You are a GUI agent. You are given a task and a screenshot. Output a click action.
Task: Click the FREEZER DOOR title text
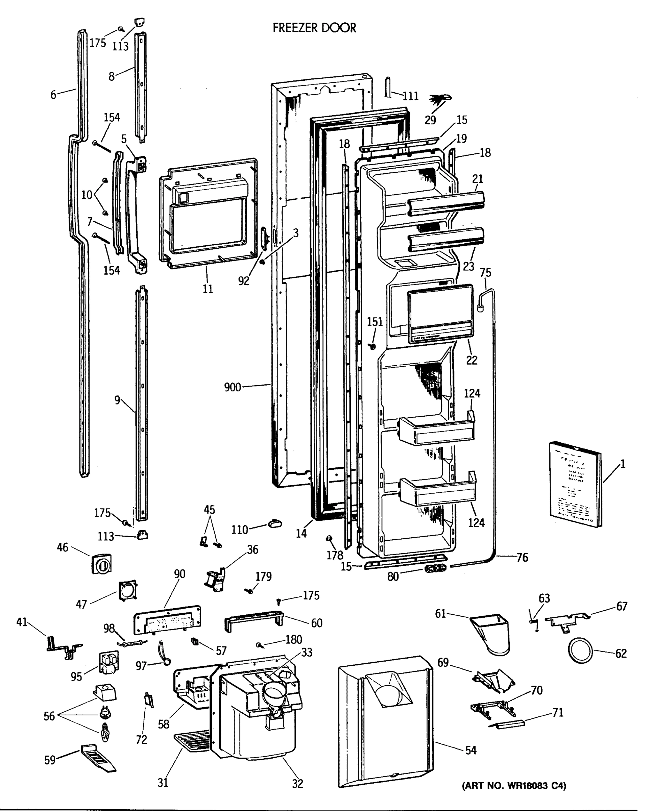pos(314,28)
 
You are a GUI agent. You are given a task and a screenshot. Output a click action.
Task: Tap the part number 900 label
pos(232,387)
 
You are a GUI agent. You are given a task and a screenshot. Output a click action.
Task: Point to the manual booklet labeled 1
pos(575,484)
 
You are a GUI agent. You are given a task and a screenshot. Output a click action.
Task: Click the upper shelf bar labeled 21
pos(445,203)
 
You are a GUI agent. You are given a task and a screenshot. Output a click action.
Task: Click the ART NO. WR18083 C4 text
pos(514,785)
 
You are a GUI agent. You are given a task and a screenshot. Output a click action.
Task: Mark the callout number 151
pos(375,322)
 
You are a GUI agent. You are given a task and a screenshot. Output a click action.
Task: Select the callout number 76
pos(522,557)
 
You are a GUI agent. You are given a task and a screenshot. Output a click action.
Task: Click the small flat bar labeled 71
pos(506,724)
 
